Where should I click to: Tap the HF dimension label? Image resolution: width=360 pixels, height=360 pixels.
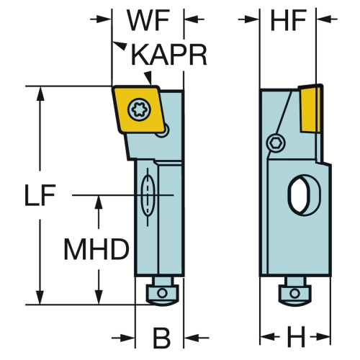pos(288,20)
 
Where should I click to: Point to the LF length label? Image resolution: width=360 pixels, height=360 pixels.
pos(40,195)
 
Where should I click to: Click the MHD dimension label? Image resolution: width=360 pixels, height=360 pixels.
pos(96,249)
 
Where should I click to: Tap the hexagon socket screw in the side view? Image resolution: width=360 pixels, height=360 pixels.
pos(276,143)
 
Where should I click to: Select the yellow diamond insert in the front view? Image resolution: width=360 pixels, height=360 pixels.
pos(137,109)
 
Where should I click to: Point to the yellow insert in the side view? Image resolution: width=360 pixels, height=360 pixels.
pos(310,109)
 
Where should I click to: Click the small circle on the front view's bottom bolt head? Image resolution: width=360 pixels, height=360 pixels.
pos(163,293)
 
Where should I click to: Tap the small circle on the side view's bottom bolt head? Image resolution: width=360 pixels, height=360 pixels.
pos(294,293)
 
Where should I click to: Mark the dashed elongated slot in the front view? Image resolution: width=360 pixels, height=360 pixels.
pos(148,195)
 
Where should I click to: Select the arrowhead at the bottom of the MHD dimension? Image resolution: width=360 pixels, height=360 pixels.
pos(99,297)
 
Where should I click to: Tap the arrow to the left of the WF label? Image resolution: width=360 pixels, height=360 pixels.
pos(101,19)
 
